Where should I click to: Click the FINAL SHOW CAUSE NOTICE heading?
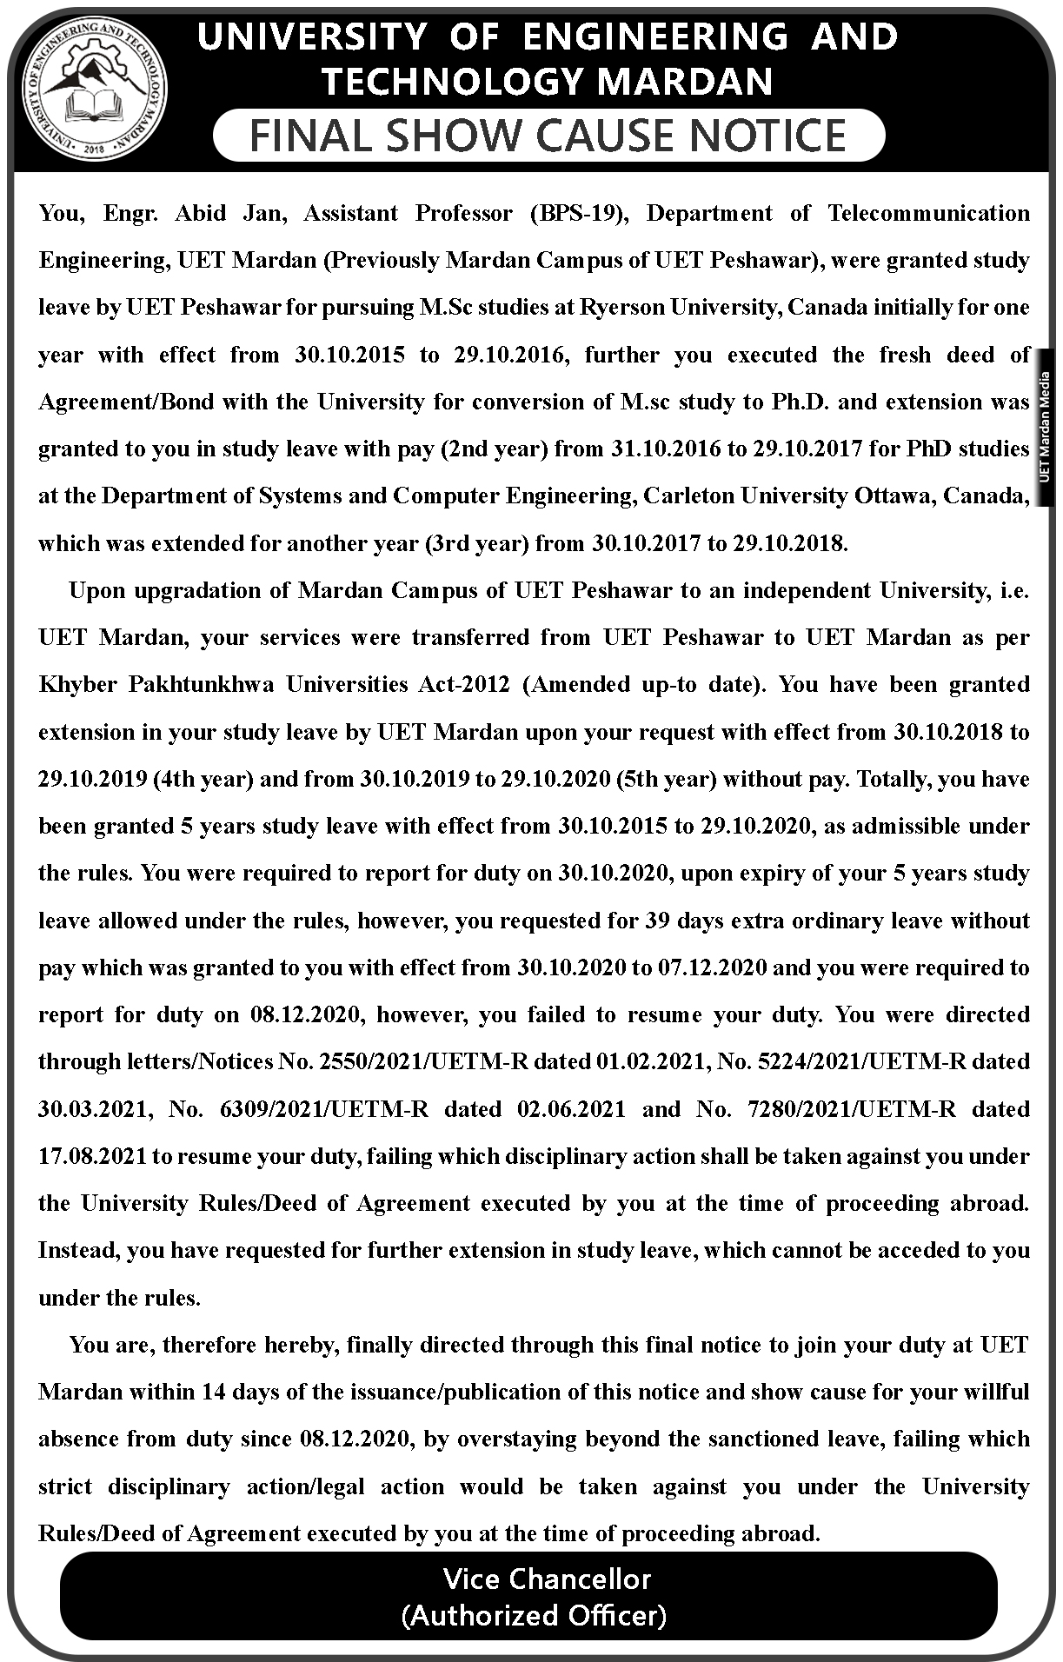[548, 136]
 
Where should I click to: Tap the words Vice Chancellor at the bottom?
[547, 1579]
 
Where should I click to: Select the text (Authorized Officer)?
[534, 1615]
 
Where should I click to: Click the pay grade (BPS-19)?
[578, 213]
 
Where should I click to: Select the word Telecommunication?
[928, 213]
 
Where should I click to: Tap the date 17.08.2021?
[92, 1156]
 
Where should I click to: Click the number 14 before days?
[214, 1392]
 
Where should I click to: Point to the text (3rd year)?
[477, 543]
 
